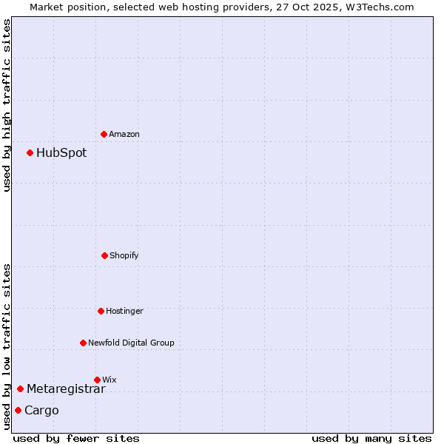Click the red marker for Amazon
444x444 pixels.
coord(104,134)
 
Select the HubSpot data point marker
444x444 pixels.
coord(30,152)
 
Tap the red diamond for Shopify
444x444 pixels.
coord(104,255)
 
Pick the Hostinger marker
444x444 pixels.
coord(101,311)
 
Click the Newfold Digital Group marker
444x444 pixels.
coord(83,343)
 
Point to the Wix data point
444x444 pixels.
coord(97,380)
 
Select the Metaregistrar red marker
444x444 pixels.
coord(20,388)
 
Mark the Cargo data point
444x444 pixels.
coord(18,410)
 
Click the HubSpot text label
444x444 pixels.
coord(61,153)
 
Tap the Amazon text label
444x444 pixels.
coord(124,135)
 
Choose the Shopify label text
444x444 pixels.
coord(124,256)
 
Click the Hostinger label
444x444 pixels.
coord(124,312)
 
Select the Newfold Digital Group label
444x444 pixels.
coord(131,343)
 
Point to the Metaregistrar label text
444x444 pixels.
coord(66,389)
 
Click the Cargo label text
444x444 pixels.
coord(41,411)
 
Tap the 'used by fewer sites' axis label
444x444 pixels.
coord(76,438)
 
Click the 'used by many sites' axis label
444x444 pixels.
coord(371,438)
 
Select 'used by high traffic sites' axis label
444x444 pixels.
coord(7,105)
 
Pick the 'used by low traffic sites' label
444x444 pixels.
coord(7,346)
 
